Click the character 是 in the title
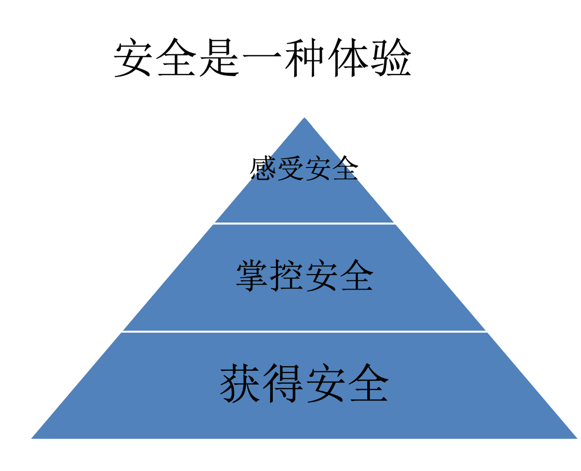pyautogui.click(x=220, y=58)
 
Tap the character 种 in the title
pyautogui.click(x=305, y=58)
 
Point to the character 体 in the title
pyautogui.click(x=348, y=58)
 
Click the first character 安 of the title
pyautogui.click(x=133, y=58)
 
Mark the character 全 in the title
pyautogui.click(x=177, y=58)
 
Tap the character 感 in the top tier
pyautogui.click(x=263, y=169)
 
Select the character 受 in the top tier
pyautogui.click(x=290, y=169)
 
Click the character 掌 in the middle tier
pyautogui.click(x=253, y=275)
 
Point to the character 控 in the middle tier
pyautogui.click(x=287, y=275)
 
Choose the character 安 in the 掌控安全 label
pyautogui.click(x=322, y=275)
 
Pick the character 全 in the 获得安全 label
pyautogui.click(x=369, y=383)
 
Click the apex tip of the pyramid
pyautogui.click(x=304, y=119)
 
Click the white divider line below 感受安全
pyautogui.click(x=304, y=223)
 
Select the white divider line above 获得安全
pyautogui.click(x=304, y=331)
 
